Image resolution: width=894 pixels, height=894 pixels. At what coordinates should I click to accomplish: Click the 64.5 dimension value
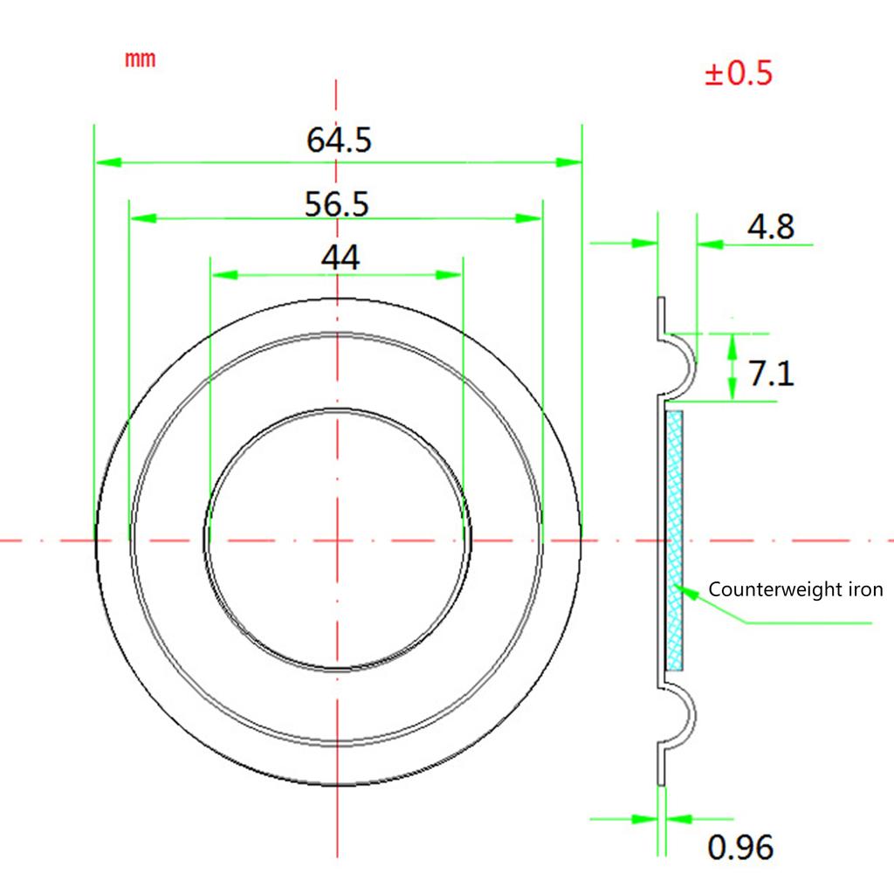(339, 140)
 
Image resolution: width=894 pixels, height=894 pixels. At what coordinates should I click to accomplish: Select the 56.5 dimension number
(336, 203)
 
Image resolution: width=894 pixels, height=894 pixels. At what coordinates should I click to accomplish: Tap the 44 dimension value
(340, 258)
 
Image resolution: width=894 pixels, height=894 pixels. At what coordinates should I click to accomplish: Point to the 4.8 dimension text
(770, 227)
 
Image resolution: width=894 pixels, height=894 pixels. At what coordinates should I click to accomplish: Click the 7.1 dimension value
(771, 374)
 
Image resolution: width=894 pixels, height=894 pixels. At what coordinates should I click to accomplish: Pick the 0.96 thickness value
(740, 847)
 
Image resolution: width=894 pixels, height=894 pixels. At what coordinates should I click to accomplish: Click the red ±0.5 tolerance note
(739, 73)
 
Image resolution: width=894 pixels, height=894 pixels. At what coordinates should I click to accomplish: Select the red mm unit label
(141, 58)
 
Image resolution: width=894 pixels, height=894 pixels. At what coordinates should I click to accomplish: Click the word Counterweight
(776, 589)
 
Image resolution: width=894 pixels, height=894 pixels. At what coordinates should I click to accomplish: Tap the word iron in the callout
(866, 589)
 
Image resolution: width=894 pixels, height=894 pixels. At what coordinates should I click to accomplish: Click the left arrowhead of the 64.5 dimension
(108, 162)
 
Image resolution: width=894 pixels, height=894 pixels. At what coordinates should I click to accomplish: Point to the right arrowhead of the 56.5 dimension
(528, 218)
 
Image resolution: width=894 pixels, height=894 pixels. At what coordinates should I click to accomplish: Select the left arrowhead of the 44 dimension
(224, 275)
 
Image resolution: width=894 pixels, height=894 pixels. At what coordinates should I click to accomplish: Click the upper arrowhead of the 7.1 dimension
(732, 347)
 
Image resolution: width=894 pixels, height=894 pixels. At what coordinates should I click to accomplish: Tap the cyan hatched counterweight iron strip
(675, 540)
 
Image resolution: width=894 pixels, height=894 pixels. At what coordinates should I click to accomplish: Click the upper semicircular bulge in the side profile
(693, 365)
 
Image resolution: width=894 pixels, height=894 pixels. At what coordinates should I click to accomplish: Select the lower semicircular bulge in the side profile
(693, 716)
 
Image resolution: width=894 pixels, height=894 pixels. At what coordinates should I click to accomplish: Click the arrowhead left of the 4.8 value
(710, 244)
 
